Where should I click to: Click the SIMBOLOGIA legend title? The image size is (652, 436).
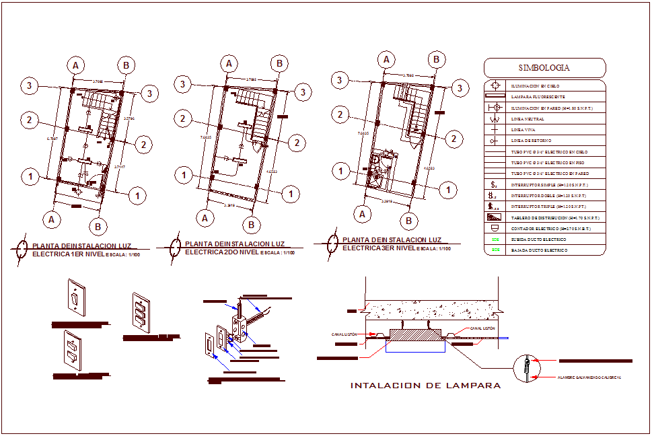point(544,68)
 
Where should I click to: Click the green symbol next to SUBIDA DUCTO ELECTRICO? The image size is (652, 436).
point(496,240)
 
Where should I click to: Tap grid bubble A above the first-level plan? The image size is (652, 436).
point(77,65)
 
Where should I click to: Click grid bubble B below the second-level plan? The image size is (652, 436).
point(251,224)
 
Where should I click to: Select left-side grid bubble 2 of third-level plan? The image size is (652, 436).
point(342,114)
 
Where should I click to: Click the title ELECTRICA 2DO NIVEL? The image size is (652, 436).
point(221,252)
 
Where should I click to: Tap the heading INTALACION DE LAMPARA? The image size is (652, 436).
point(425,386)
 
